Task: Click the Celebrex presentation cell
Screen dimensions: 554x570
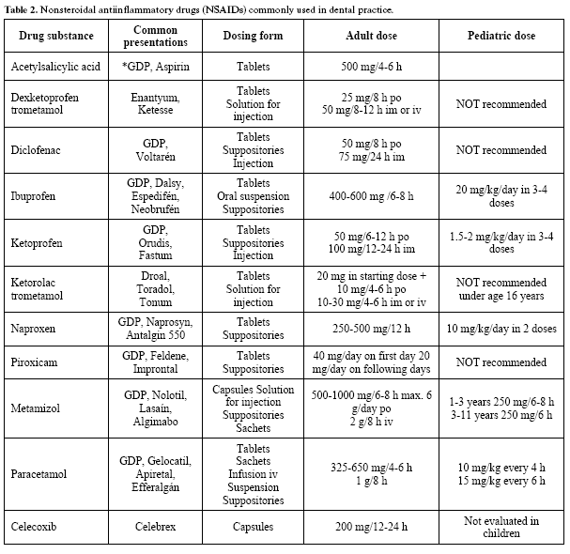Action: [156, 527]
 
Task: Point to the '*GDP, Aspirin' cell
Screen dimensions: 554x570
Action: [156, 68]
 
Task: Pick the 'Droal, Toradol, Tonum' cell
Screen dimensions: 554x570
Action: [156, 283]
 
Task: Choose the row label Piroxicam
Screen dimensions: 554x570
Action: [36, 362]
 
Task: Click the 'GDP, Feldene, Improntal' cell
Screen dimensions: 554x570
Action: [156, 362]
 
